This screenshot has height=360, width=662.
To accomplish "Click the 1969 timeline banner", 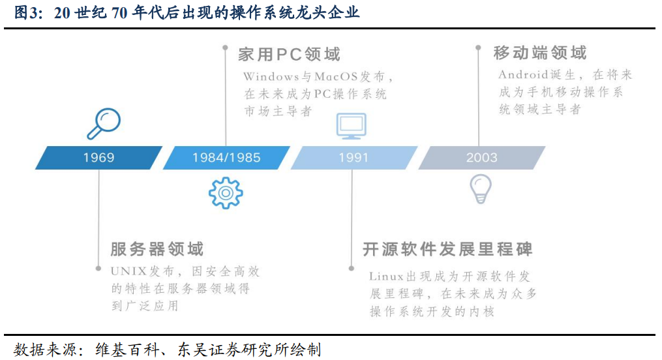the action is coord(98,158).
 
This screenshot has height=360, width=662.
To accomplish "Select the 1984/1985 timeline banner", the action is coord(226,158).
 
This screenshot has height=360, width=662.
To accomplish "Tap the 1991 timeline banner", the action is coord(354,158).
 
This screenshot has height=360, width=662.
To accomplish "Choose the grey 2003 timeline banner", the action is coord(482,158).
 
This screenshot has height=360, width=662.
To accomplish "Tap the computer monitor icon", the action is coord(352,126).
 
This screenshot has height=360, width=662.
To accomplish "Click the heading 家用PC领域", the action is coord(289,54).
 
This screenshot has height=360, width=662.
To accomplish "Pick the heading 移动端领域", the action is coord(540,53).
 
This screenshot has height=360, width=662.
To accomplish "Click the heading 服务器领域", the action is coord(157,249).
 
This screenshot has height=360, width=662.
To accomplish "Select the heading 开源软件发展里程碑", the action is coord(447,249).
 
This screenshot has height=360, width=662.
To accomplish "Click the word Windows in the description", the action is coord(271,77).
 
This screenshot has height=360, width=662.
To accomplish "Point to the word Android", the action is coord(524,75).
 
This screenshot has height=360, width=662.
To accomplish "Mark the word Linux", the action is coord(386,277).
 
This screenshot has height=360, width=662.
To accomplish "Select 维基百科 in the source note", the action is coord(127,350).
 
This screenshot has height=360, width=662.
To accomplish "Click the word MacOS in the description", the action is coord(336,77).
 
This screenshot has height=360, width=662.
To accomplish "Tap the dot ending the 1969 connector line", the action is coord(98,269).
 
